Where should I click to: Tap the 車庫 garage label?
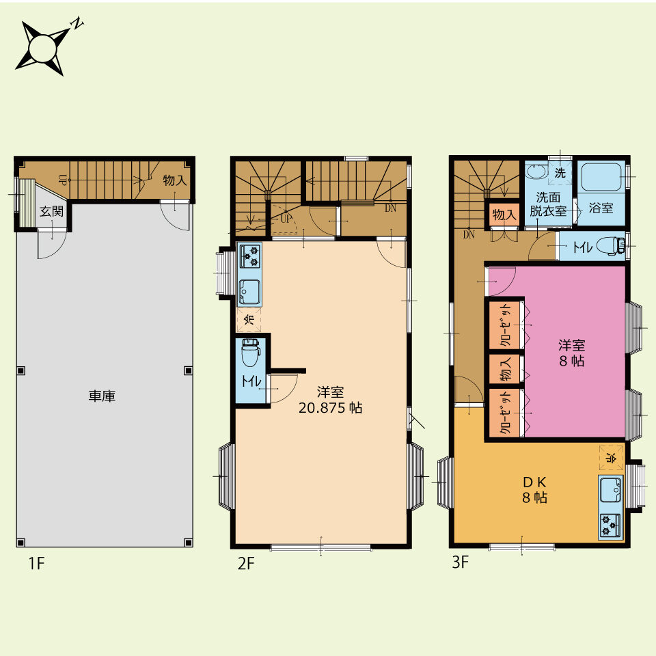[102, 396]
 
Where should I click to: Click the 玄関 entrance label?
[51, 211]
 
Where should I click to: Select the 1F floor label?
[36, 563]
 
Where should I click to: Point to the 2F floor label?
[246, 563]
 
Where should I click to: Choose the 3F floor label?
[460, 562]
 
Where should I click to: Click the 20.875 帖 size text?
[331, 407]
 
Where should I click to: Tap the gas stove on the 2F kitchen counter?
[249, 256]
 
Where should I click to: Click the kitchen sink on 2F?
[249, 291]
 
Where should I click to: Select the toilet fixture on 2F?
[251, 353]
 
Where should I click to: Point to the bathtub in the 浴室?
[601, 176]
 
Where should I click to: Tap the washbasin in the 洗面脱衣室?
[536, 172]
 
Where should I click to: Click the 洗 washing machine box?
[560, 172]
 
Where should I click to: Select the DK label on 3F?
[534, 482]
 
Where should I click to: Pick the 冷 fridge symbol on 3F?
[611, 457]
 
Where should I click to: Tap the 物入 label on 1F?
[174, 180]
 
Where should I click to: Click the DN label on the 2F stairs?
[390, 208]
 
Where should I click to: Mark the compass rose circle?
[42, 49]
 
